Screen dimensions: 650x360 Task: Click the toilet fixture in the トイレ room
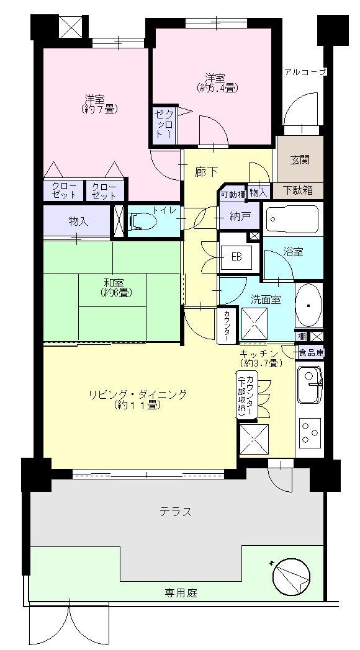click(x=142, y=220)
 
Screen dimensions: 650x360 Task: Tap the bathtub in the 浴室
click(x=292, y=218)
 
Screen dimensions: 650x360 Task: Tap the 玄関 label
click(x=299, y=159)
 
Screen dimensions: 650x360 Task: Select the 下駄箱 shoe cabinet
click(x=299, y=190)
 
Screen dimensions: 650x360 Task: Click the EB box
click(x=236, y=257)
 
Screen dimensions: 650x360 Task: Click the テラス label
click(x=175, y=512)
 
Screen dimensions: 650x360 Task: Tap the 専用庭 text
click(x=181, y=593)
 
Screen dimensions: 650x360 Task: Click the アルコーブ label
click(x=305, y=72)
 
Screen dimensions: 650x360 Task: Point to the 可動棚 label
click(x=232, y=194)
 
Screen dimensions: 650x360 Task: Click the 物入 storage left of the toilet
click(x=78, y=220)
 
